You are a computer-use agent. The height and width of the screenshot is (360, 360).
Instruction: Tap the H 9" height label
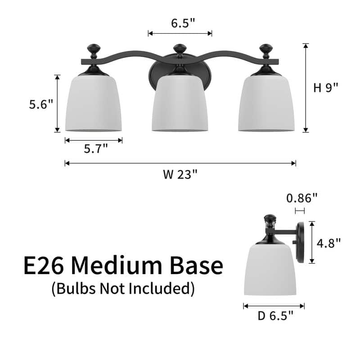coord(325,88)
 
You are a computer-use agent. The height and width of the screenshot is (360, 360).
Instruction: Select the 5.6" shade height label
coord(41,104)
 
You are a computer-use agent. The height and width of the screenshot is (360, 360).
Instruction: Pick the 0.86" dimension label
coord(302,198)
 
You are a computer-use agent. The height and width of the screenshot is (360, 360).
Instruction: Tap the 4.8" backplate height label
coord(328,243)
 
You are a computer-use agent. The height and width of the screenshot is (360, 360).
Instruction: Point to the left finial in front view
coord(94,49)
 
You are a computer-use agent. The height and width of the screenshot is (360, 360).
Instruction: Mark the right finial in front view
coord(266,49)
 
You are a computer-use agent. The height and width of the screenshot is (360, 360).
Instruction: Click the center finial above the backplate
coord(180,49)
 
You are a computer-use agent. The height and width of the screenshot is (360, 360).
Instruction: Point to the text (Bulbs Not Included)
coord(123,288)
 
